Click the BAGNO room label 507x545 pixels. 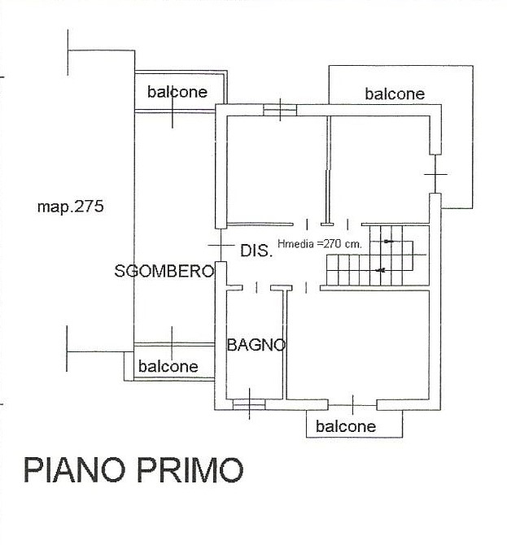tap(256, 345)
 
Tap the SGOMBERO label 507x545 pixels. tap(164, 271)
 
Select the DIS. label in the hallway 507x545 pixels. tap(256, 251)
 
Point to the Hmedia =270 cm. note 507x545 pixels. tap(320, 243)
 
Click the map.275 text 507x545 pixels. tap(70, 207)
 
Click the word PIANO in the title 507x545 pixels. tap(74, 469)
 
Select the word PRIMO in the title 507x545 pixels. tap(190, 469)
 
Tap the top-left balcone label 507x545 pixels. tap(177, 92)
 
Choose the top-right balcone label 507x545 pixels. tap(395, 94)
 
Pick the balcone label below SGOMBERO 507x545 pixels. tap(168, 366)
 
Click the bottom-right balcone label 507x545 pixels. tap(346, 426)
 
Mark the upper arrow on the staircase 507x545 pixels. tap(389, 242)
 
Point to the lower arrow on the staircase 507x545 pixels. tap(380, 270)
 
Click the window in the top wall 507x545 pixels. tap(280, 110)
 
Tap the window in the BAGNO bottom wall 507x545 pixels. tap(249, 404)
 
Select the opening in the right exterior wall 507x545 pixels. tap(435, 174)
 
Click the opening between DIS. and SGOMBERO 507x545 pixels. tap(221, 245)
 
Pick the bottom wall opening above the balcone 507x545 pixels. tap(352, 405)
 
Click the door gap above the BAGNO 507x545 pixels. tap(256, 288)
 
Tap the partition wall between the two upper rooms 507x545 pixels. tap(328, 171)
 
